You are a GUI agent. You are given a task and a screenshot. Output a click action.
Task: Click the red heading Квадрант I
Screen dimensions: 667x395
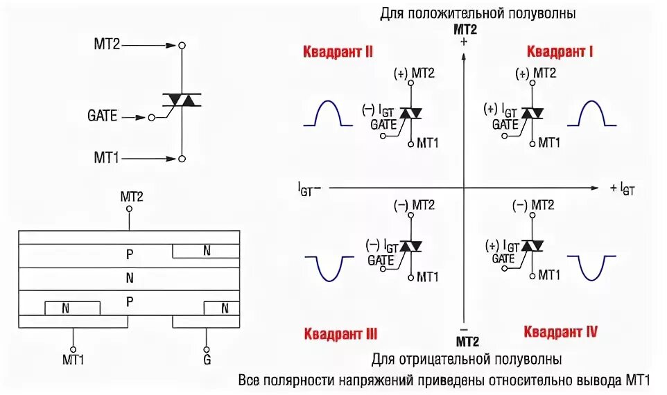(x=560, y=51)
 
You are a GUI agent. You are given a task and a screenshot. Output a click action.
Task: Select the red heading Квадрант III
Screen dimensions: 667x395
(x=339, y=333)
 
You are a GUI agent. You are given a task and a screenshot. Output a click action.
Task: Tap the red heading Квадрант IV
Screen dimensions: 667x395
(x=560, y=332)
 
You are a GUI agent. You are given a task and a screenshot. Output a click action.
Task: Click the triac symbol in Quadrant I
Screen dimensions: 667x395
(x=532, y=113)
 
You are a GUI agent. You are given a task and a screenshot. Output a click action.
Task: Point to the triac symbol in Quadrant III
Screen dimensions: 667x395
(x=413, y=246)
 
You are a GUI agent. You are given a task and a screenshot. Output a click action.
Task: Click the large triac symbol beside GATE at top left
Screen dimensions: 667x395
(x=182, y=100)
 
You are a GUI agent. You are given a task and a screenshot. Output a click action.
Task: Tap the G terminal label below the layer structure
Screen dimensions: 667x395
(x=206, y=359)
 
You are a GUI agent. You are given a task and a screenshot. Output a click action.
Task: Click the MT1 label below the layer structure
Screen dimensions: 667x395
(x=73, y=359)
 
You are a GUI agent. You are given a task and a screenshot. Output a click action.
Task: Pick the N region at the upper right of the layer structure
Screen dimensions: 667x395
(x=206, y=251)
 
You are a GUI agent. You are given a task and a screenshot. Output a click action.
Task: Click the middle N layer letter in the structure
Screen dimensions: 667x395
(x=130, y=279)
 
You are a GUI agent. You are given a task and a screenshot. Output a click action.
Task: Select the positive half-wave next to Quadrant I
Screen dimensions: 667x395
(x=591, y=114)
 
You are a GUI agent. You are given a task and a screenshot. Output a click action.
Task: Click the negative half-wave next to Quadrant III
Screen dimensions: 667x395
(x=329, y=267)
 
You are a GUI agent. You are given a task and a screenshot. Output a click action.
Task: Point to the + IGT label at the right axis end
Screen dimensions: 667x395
(x=622, y=188)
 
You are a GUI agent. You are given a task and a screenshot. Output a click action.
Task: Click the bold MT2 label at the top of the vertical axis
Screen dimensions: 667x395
(x=465, y=29)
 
